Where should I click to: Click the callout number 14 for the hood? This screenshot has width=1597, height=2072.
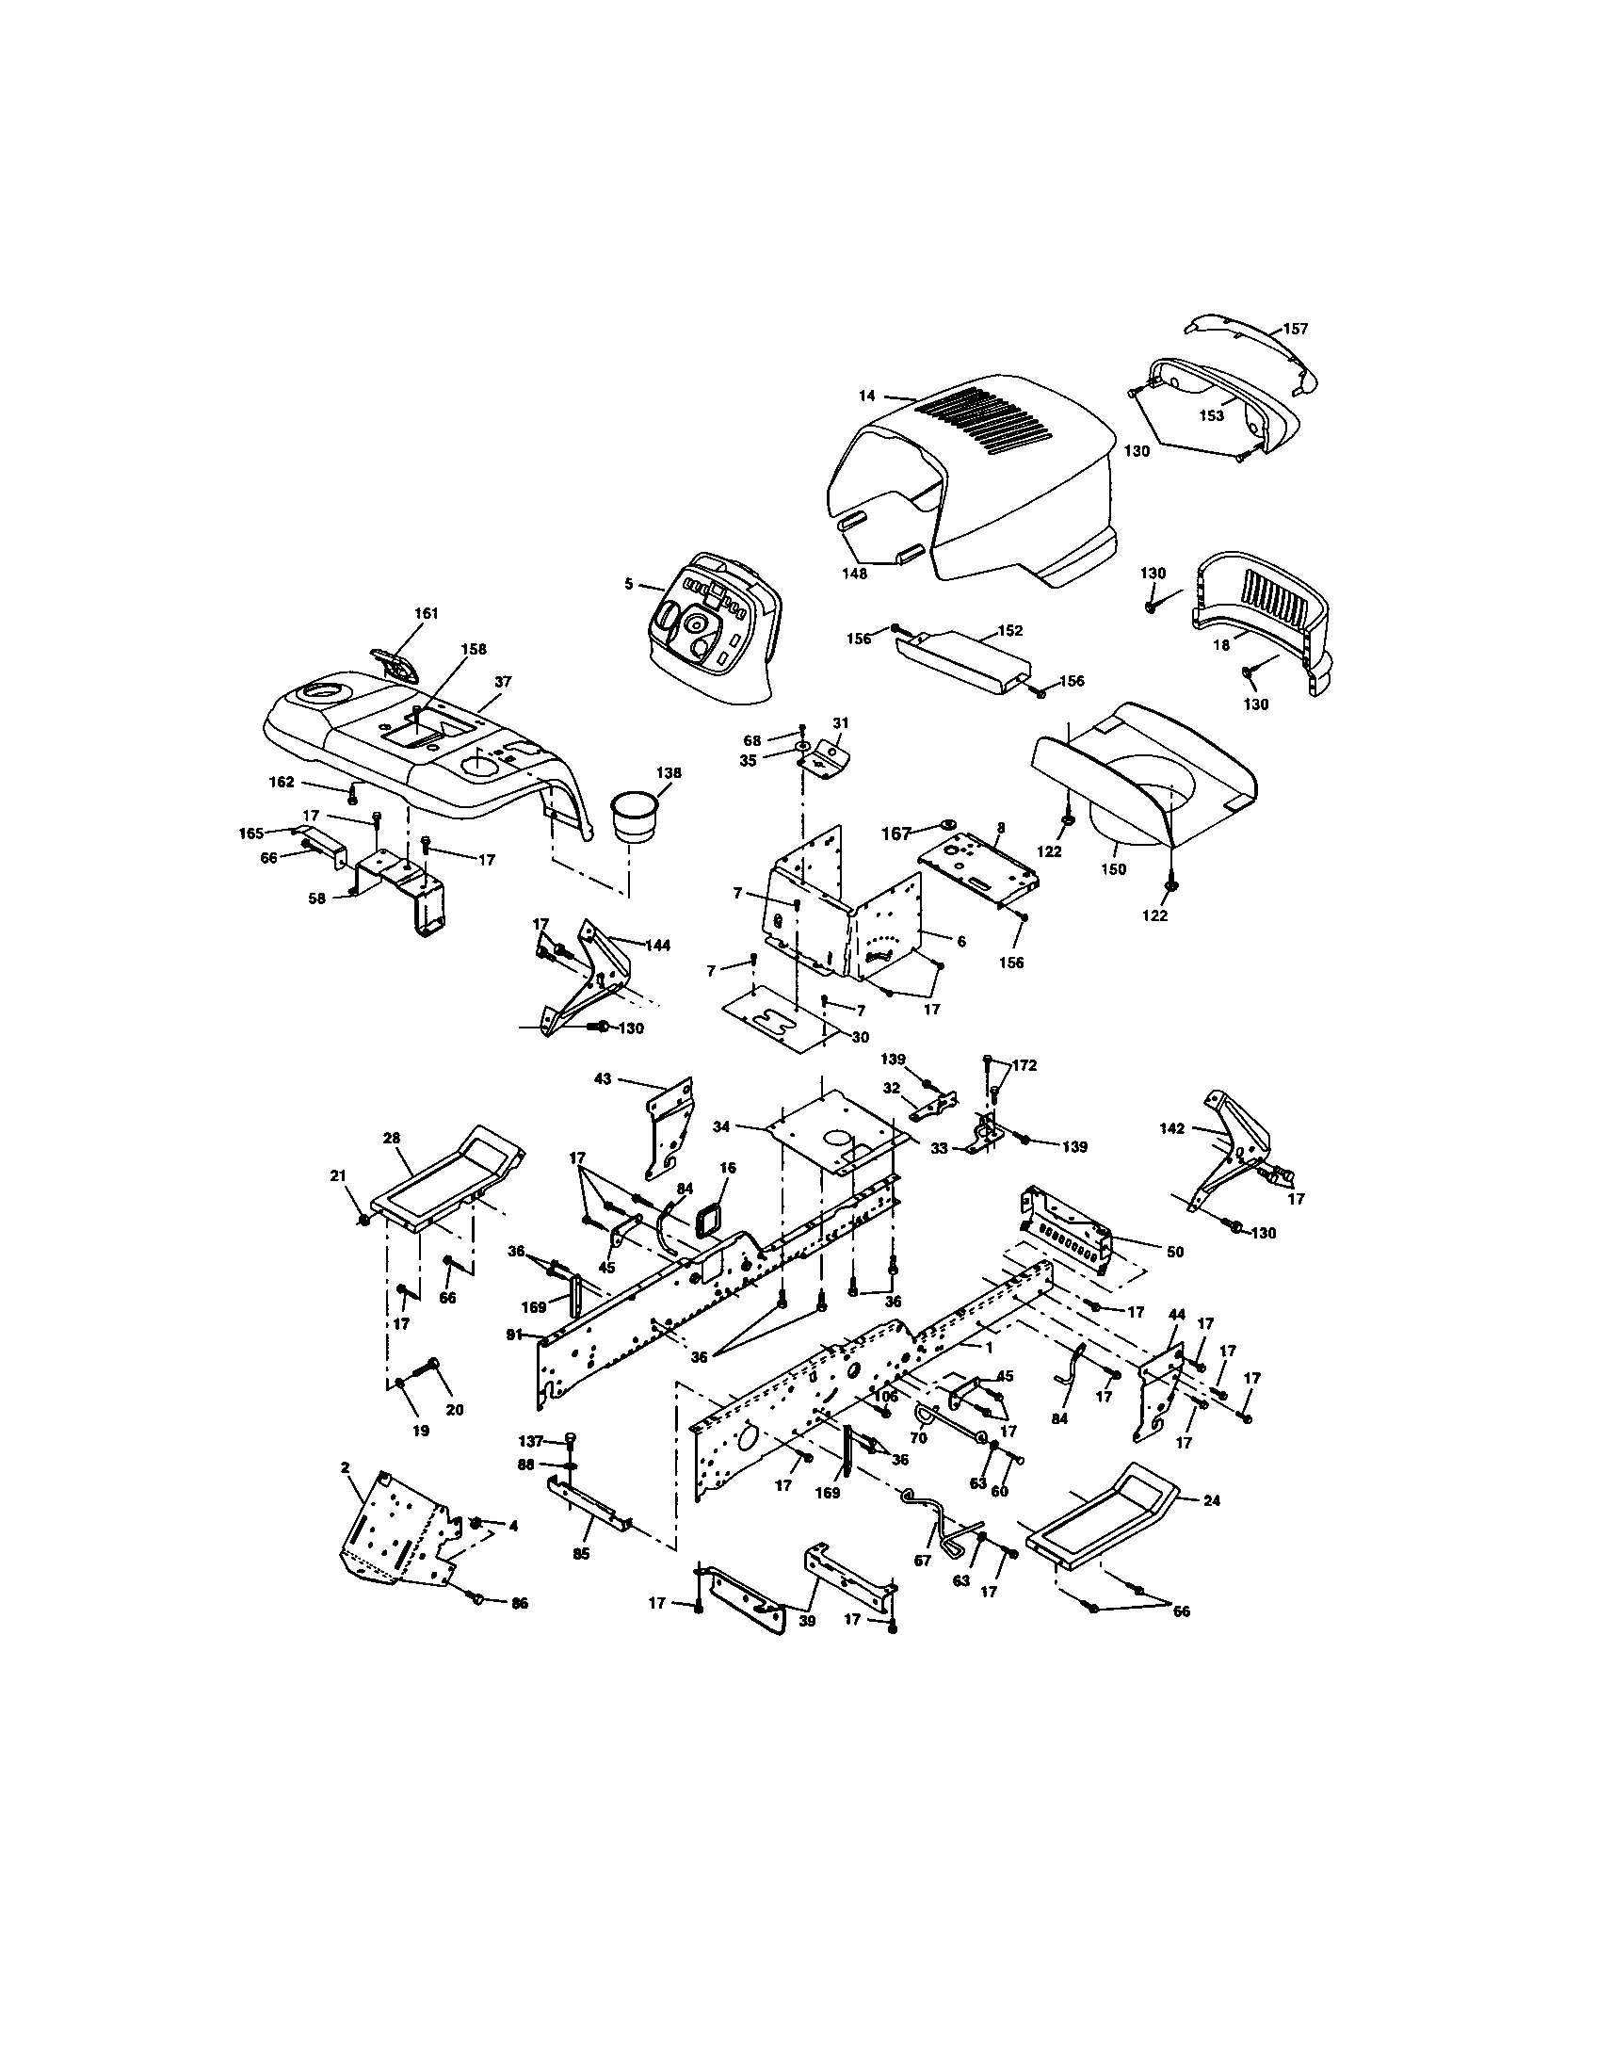(x=867, y=396)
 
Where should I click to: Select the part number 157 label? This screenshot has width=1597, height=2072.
(x=1296, y=330)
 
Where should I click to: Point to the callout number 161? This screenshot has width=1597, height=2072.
(x=427, y=614)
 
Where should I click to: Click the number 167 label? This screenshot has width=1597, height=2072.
(x=896, y=833)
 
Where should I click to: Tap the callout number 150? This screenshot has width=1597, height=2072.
(x=1113, y=868)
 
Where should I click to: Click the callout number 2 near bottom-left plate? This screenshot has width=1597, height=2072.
(x=345, y=1466)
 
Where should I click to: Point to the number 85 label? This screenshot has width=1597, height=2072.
(x=581, y=1554)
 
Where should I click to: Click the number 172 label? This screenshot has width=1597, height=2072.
(x=1024, y=1065)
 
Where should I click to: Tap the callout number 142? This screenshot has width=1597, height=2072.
(x=1172, y=1128)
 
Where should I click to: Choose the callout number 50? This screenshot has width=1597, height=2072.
(x=1175, y=1253)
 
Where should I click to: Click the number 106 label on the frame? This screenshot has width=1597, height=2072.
(x=885, y=1395)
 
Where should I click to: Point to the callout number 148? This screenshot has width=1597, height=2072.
(x=855, y=573)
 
